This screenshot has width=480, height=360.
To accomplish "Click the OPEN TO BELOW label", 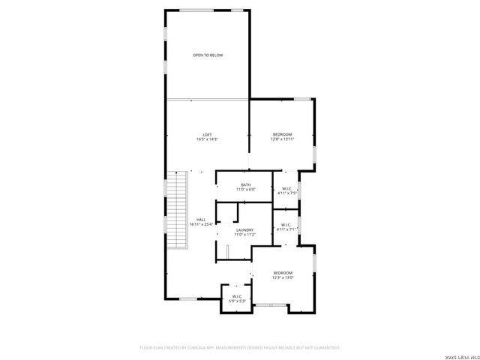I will coord(208,55).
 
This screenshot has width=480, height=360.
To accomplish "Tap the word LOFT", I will coord(207,135).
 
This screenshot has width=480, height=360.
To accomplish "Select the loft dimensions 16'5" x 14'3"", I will coord(207,139).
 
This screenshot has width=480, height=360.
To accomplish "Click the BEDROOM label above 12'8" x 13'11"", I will coord(283,134).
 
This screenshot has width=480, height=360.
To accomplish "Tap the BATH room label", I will coord(246,185).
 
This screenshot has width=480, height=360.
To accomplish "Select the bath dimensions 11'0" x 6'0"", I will coord(246,190).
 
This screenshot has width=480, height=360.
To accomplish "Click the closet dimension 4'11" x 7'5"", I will coord(287,193).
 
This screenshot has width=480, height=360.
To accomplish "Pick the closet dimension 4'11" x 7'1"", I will coord(287,229).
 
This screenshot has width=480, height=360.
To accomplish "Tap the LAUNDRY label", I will coord(244,230).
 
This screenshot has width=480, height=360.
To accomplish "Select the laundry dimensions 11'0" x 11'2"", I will coord(244,235).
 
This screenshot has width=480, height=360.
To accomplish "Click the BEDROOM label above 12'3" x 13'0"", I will coord(283,272).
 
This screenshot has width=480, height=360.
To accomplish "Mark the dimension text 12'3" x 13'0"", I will coord(283,277).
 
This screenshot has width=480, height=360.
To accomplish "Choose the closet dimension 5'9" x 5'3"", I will coord(237,301).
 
